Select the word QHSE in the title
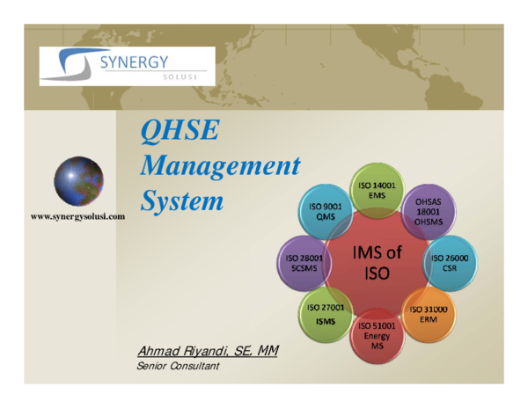[180, 133]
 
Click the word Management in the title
[221, 166]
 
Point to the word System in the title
[182, 200]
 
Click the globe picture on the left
[78, 181]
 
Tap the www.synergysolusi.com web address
[78, 215]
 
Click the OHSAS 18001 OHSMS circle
[429, 212]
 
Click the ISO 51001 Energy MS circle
[377, 336]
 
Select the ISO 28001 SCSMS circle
[304, 264]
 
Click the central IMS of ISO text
[377, 263]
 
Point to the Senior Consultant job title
[178, 366]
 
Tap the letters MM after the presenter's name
[268, 352]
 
